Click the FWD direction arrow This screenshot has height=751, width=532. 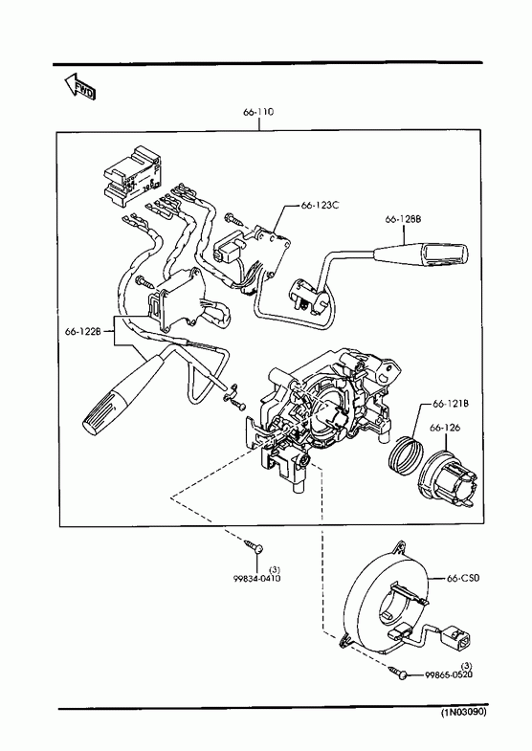80,86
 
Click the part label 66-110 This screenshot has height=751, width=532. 258,112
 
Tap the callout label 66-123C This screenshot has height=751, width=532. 320,205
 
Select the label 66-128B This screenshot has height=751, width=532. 403,219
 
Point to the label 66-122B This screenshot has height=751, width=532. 83,331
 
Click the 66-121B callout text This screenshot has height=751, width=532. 450,404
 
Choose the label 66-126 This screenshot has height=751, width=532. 445,428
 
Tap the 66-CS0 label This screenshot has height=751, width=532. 462,578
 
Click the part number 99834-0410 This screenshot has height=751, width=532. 256,578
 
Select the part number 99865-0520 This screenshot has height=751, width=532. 449,674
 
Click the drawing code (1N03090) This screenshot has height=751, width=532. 463,712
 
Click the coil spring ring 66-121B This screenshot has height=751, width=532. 406,455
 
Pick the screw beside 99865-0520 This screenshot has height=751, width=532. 398,671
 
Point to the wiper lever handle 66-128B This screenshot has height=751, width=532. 422,254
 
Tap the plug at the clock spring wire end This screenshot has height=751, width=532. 458,640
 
